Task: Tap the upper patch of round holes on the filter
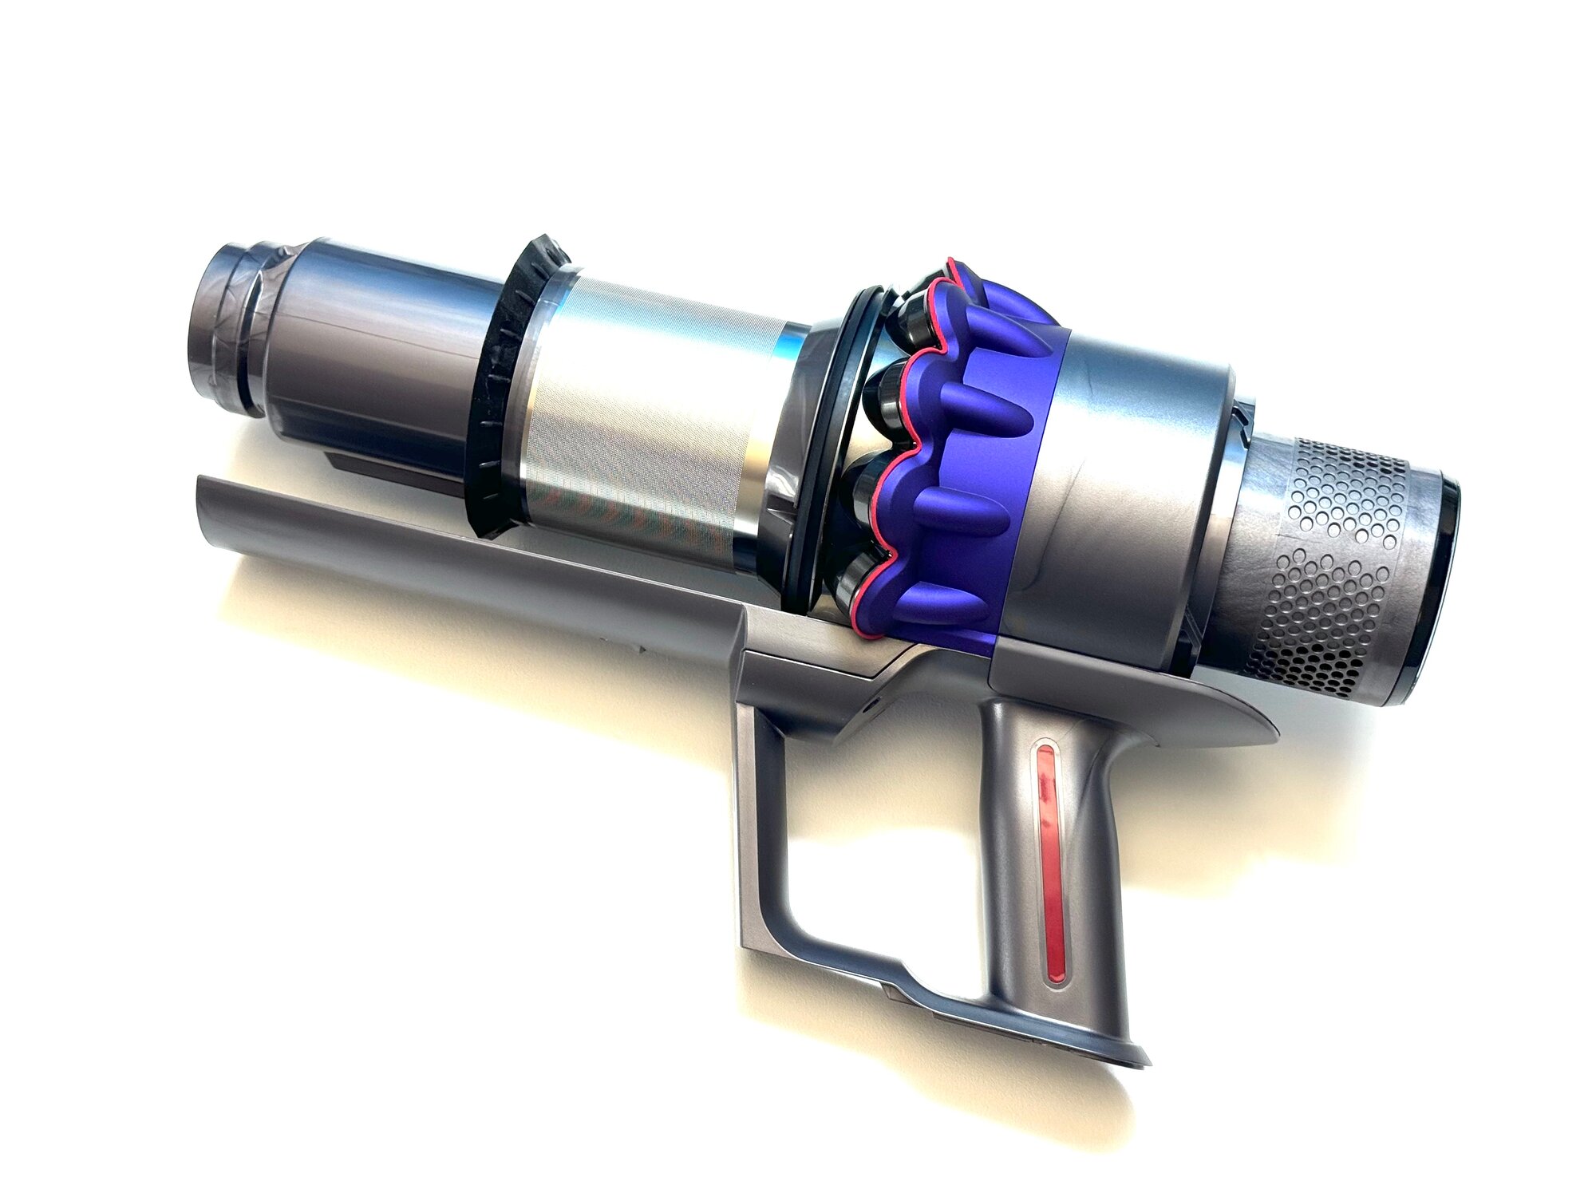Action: [1349, 487]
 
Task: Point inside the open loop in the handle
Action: [878, 838]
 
